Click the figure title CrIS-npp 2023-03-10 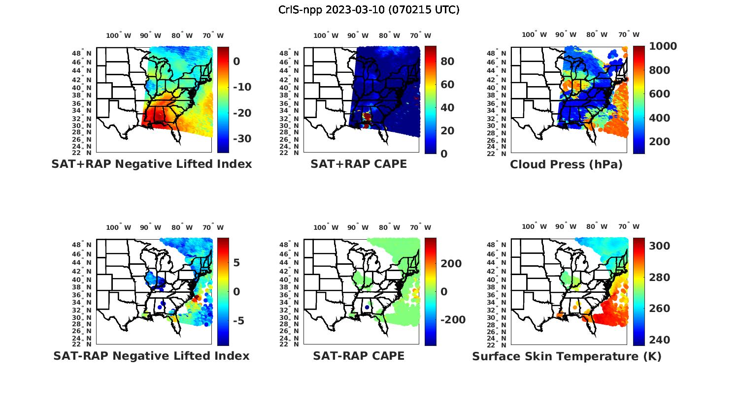coord(369,9)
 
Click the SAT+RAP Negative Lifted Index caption coord(151,164)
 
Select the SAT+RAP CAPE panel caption coord(359,164)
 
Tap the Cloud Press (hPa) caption coord(566,164)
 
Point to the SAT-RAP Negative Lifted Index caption coord(151,356)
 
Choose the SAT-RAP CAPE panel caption coord(359,356)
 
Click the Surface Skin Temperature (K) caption coord(567,356)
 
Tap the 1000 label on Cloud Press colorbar coord(663,46)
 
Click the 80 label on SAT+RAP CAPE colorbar coord(447,62)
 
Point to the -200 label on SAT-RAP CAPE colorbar coord(453,320)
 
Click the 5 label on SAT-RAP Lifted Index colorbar coord(236,263)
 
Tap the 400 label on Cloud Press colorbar coord(660,118)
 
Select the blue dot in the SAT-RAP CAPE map coord(367,307)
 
